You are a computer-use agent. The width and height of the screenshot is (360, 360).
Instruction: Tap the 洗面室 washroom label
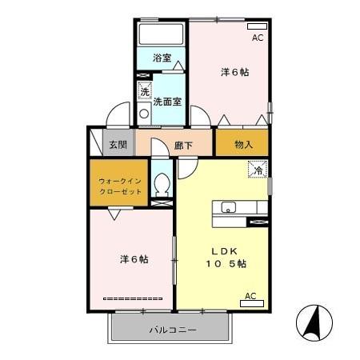(x=168, y=102)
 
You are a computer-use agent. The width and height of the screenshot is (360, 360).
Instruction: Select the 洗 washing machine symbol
(x=144, y=90)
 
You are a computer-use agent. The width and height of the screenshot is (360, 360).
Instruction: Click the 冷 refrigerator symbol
(x=258, y=169)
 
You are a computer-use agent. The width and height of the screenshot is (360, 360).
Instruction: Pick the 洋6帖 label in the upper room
(x=234, y=72)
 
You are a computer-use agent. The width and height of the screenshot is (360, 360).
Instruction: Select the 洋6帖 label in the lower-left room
(x=134, y=259)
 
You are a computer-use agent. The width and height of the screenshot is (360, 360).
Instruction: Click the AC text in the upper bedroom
(x=258, y=38)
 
